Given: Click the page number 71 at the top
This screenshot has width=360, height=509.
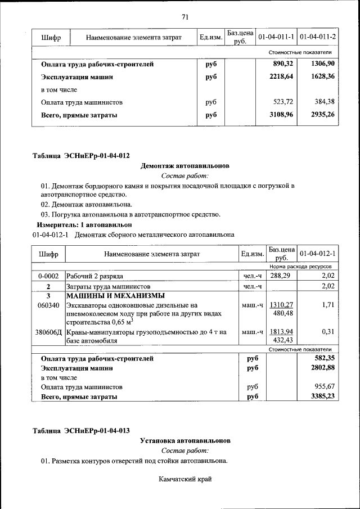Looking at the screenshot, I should pos(185,17).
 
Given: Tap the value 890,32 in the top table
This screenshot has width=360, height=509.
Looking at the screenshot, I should pos(283,64).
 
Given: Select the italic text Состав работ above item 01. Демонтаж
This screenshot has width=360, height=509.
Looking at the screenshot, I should pos(185,175).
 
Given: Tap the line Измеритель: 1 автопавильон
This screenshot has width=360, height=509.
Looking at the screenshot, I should pos(82,224).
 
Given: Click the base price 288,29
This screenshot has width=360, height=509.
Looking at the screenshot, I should pos(282,276).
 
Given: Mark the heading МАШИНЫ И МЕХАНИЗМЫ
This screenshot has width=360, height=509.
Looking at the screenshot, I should pos(115,295).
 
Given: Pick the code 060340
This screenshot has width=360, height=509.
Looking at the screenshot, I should pos(48,305).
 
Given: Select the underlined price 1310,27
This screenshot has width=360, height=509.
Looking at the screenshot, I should pos(282,305).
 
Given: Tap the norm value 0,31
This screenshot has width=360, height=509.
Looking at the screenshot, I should pos(328,332).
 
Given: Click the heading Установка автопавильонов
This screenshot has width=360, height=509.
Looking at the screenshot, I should pos(185,440).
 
